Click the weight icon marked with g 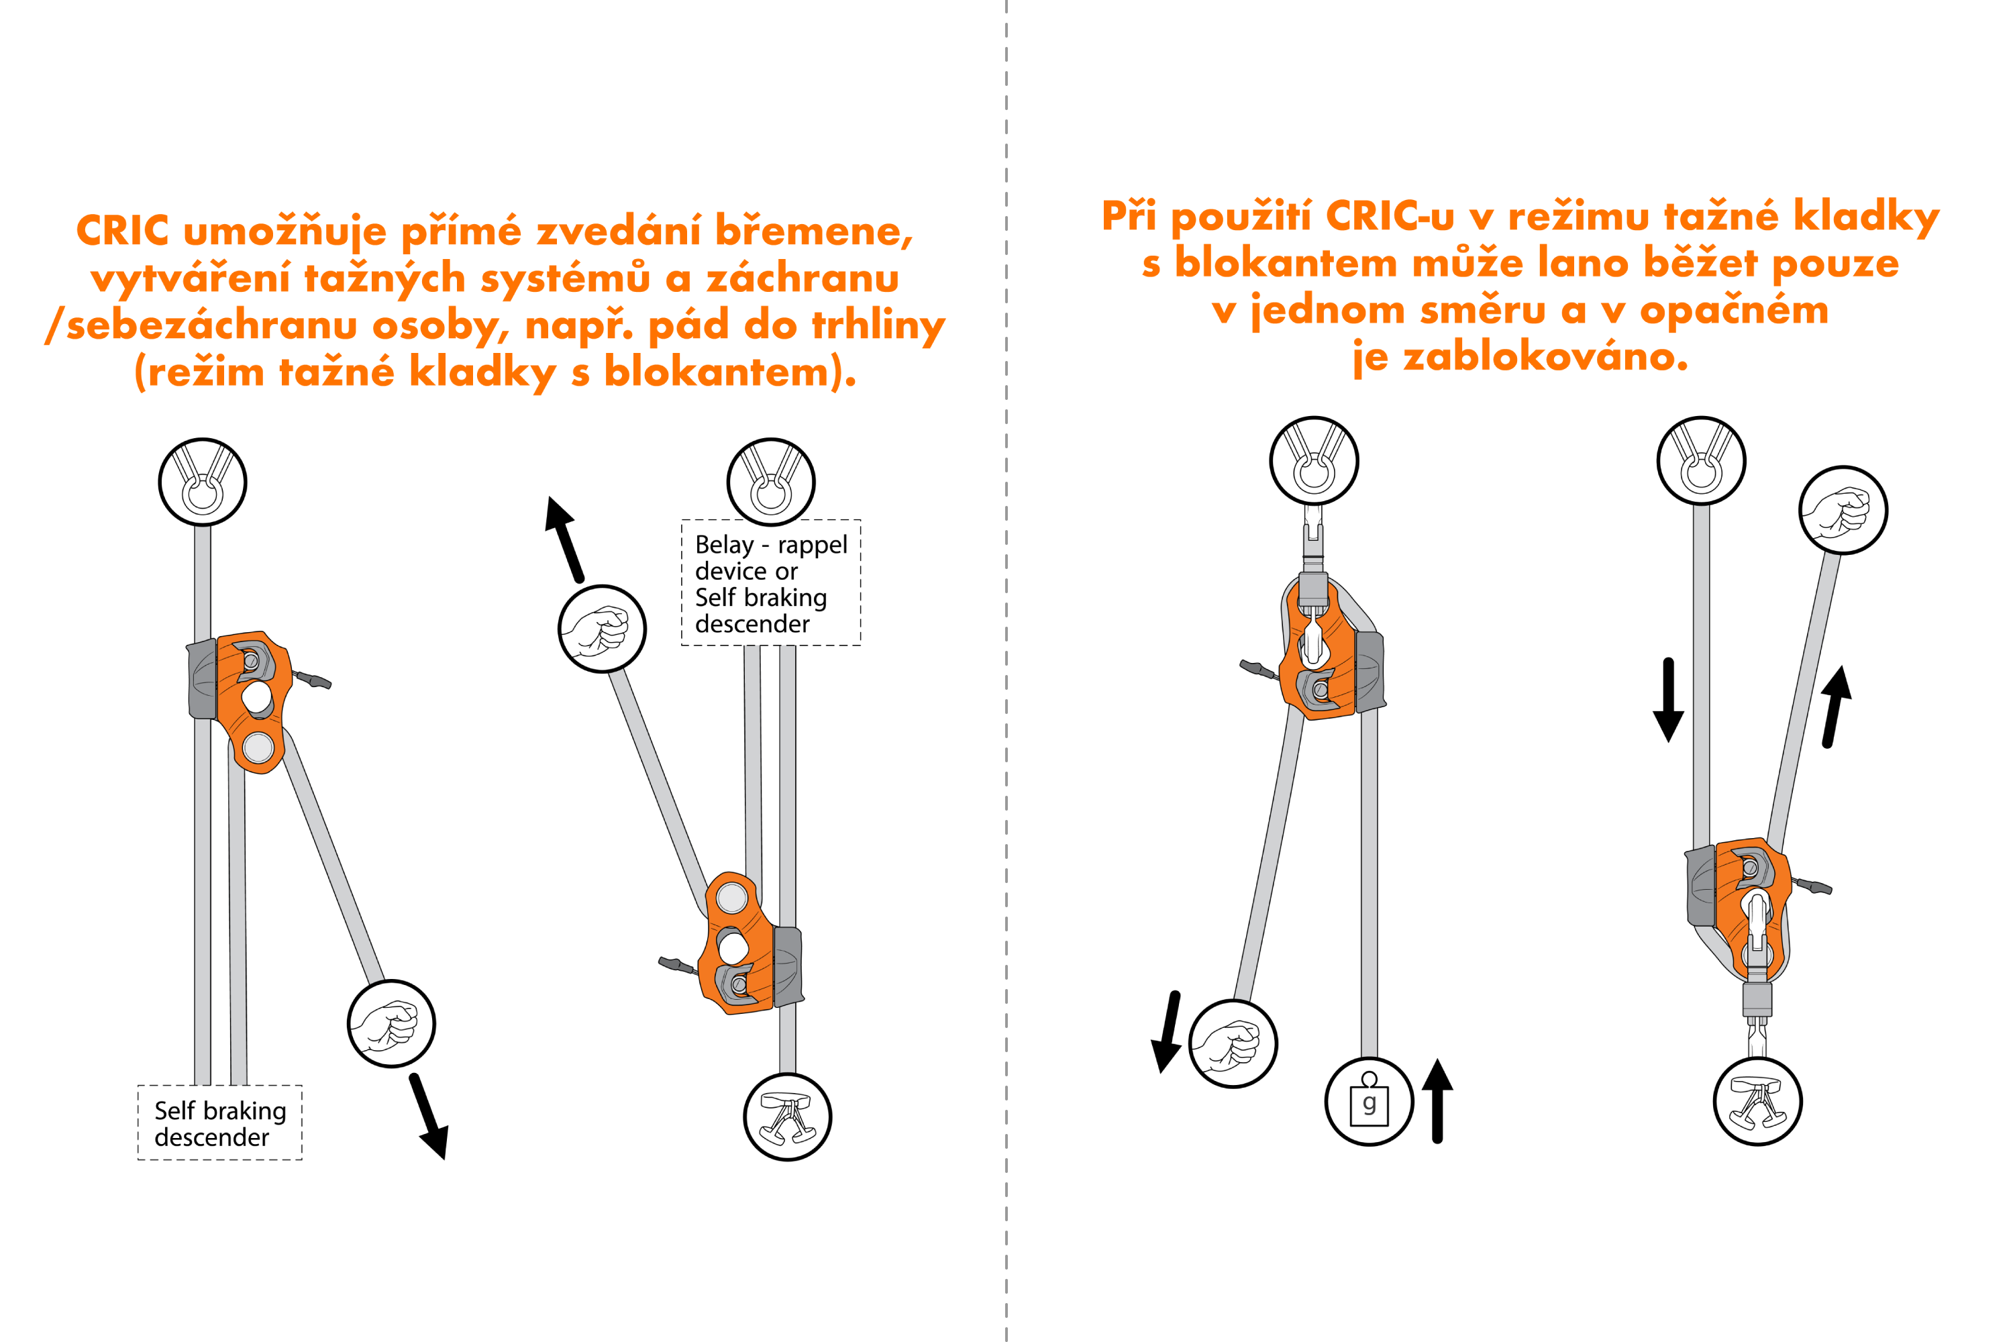click(x=1369, y=1102)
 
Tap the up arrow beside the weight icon click(x=1437, y=1100)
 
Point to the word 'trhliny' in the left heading click(x=878, y=325)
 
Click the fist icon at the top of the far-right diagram click(x=1843, y=510)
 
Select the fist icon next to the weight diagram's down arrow click(x=1233, y=1043)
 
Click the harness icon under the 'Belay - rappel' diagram click(x=787, y=1117)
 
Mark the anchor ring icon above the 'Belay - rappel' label click(x=770, y=482)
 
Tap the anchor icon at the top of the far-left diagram click(x=203, y=482)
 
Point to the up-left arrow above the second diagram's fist click(x=565, y=539)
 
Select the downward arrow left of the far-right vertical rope click(x=1668, y=700)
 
